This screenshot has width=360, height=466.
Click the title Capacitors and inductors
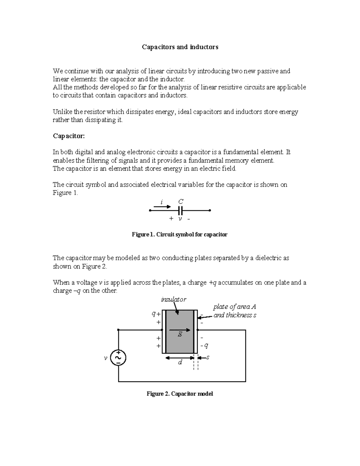pyautogui.click(x=180, y=47)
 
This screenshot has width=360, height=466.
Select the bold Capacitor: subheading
pyautogui.click(x=69, y=136)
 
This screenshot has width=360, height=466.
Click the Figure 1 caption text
pyautogui.click(x=179, y=235)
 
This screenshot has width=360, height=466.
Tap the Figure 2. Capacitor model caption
pyautogui.click(x=180, y=394)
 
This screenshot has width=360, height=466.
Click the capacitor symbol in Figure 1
pyautogui.click(x=180, y=210)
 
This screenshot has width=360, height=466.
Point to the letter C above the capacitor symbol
pyautogui.click(x=181, y=202)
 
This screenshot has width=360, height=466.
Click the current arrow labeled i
pyautogui.click(x=162, y=206)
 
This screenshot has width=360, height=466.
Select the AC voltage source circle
pyautogui.click(x=118, y=358)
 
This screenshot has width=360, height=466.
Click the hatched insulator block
pyautogui.click(x=180, y=332)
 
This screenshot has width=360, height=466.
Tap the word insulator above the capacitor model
pyautogui.click(x=173, y=299)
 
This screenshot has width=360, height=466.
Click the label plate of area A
pyautogui.click(x=235, y=307)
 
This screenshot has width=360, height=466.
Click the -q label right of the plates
pyautogui.click(x=204, y=346)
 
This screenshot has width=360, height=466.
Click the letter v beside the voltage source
pyautogui.click(x=105, y=358)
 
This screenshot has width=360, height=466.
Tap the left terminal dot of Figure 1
pyautogui.click(x=150, y=211)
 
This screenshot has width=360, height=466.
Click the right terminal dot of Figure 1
pyautogui.click(x=210, y=211)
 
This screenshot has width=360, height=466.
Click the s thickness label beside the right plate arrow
pyautogui.click(x=208, y=357)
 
